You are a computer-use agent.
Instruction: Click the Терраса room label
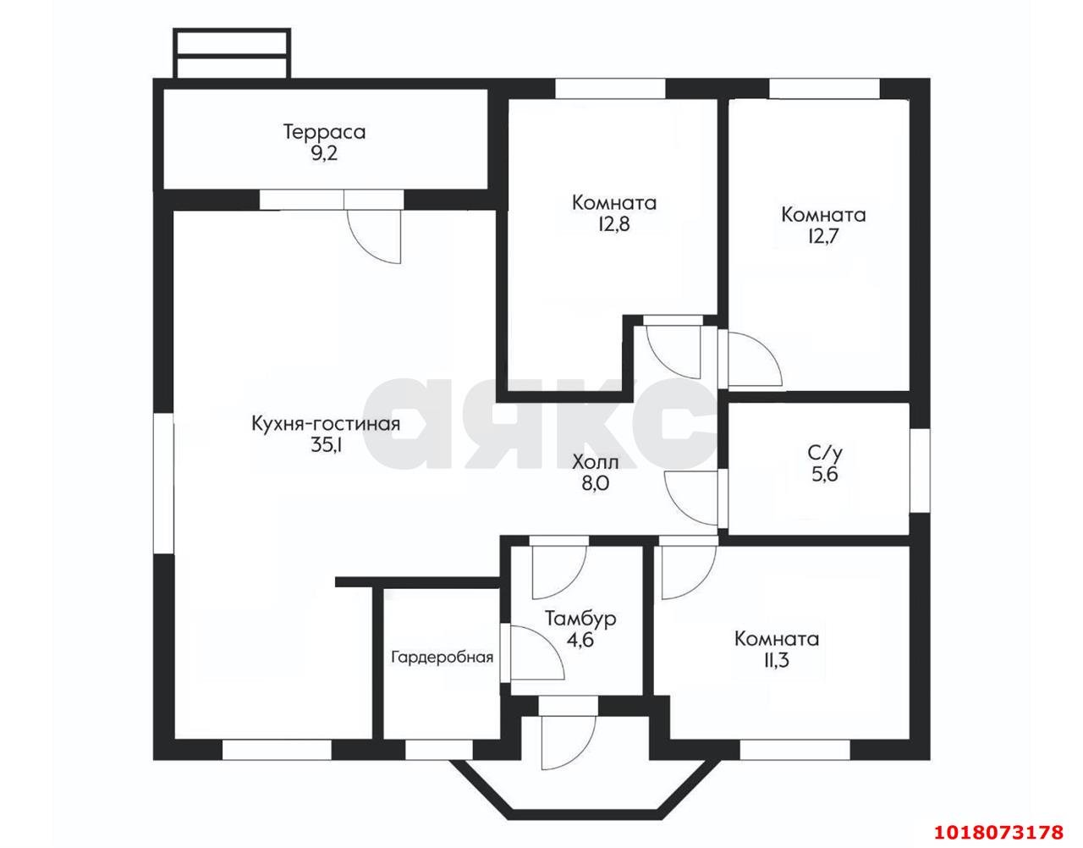(324, 132)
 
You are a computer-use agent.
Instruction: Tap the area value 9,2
(324, 154)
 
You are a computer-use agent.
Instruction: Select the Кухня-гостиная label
(326, 424)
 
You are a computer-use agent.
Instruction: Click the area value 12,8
(614, 224)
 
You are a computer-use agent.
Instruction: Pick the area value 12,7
(823, 236)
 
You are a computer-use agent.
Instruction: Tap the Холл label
(596, 462)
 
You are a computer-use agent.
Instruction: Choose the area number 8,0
(596, 483)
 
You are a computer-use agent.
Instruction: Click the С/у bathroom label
(825, 453)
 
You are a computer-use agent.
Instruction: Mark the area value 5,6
(825, 475)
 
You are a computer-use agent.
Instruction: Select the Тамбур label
(581, 619)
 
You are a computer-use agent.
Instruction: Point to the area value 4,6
(580, 640)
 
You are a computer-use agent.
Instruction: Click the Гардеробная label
(442, 658)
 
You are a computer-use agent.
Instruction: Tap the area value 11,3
(777, 661)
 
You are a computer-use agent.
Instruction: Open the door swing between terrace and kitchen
(374, 236)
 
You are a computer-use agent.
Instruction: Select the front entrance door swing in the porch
(569, 743)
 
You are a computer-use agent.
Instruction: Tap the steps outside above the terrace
(231, 53)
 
